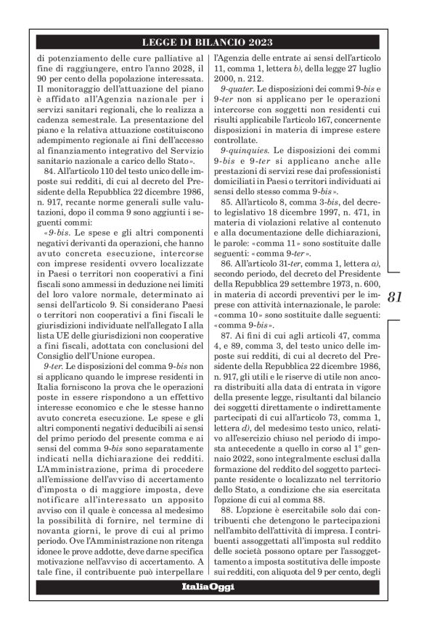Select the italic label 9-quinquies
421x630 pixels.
[x=244, y=153]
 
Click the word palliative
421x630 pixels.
[x=174, y=56]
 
